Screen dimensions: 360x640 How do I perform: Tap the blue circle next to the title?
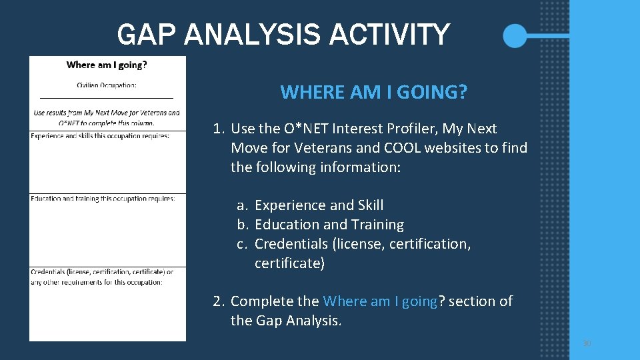click(515, 35)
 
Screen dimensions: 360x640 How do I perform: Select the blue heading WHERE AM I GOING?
click(373, 92)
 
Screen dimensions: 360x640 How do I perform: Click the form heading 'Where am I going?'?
click(107, 65)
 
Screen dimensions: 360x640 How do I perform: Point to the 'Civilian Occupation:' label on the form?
click(107, 85)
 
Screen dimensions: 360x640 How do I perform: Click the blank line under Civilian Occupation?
click(107, 98)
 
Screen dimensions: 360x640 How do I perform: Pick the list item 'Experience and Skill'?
click(319, 205)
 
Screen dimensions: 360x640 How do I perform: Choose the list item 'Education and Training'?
click(329, 225)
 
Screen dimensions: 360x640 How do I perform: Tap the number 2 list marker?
click(219, 301)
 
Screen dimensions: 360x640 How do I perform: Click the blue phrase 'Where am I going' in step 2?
click(380, 301)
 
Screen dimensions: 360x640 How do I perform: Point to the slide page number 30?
click(587, 343)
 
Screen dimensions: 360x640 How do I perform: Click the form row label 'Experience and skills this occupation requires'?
click(100, 136)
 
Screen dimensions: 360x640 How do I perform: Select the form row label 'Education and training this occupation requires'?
click(103, 199)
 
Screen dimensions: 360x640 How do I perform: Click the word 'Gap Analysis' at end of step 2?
click(299, 321)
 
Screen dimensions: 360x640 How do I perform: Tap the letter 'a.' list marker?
click(243, 205)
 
